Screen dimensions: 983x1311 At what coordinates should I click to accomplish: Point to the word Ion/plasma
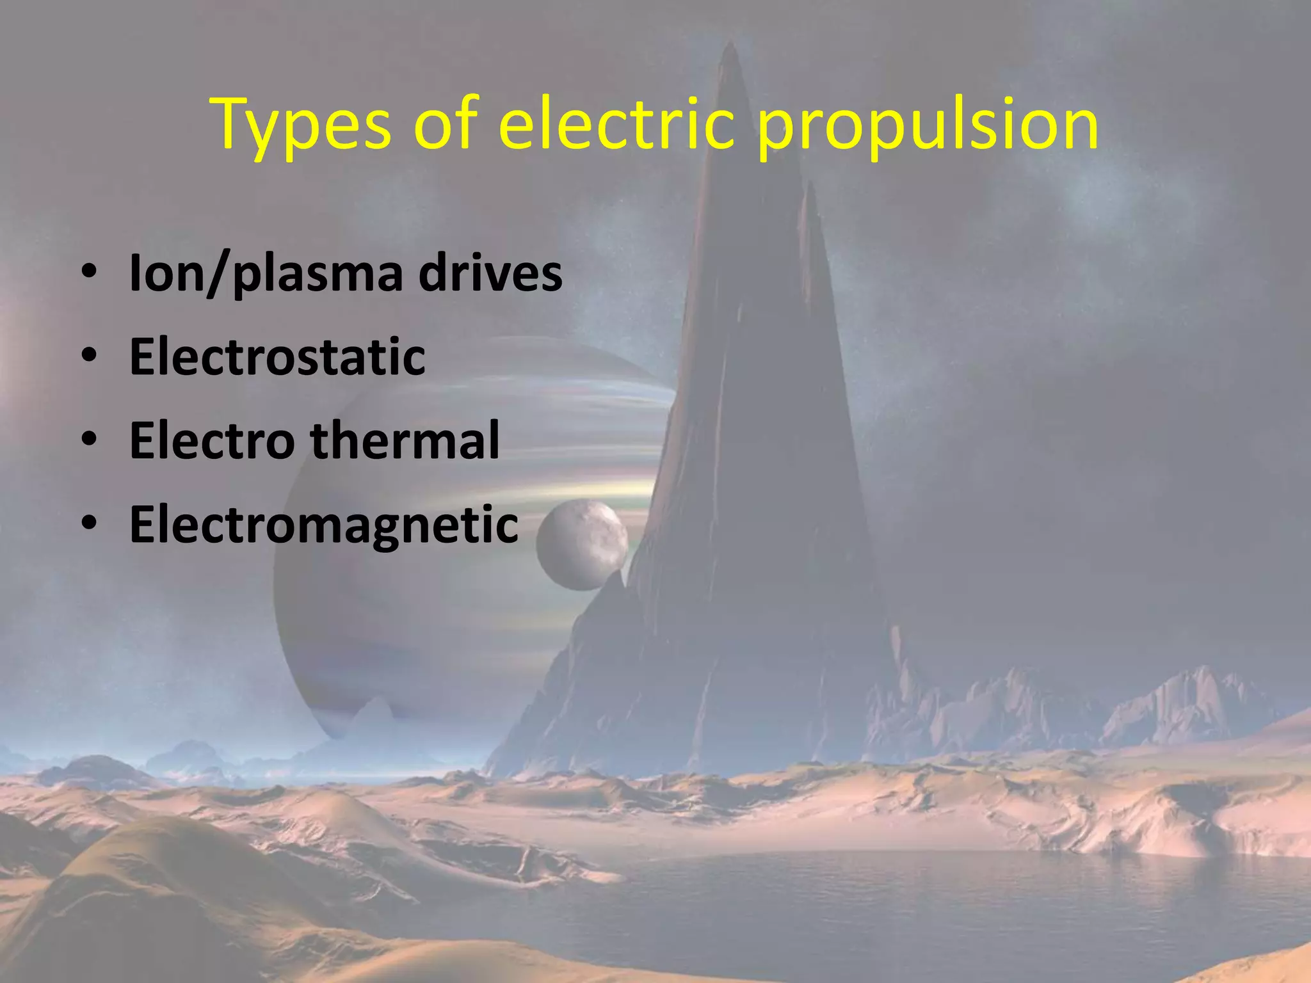click(266, 274)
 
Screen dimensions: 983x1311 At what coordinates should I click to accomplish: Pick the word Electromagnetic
click(323, 524)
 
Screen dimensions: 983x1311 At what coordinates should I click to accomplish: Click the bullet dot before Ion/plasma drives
click(89, 272)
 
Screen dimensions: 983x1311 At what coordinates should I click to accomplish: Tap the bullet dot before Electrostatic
click(89, 356)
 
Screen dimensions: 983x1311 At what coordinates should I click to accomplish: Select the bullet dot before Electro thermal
click(89, 440)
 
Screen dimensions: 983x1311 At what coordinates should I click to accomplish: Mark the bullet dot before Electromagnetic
click(89, 523)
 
